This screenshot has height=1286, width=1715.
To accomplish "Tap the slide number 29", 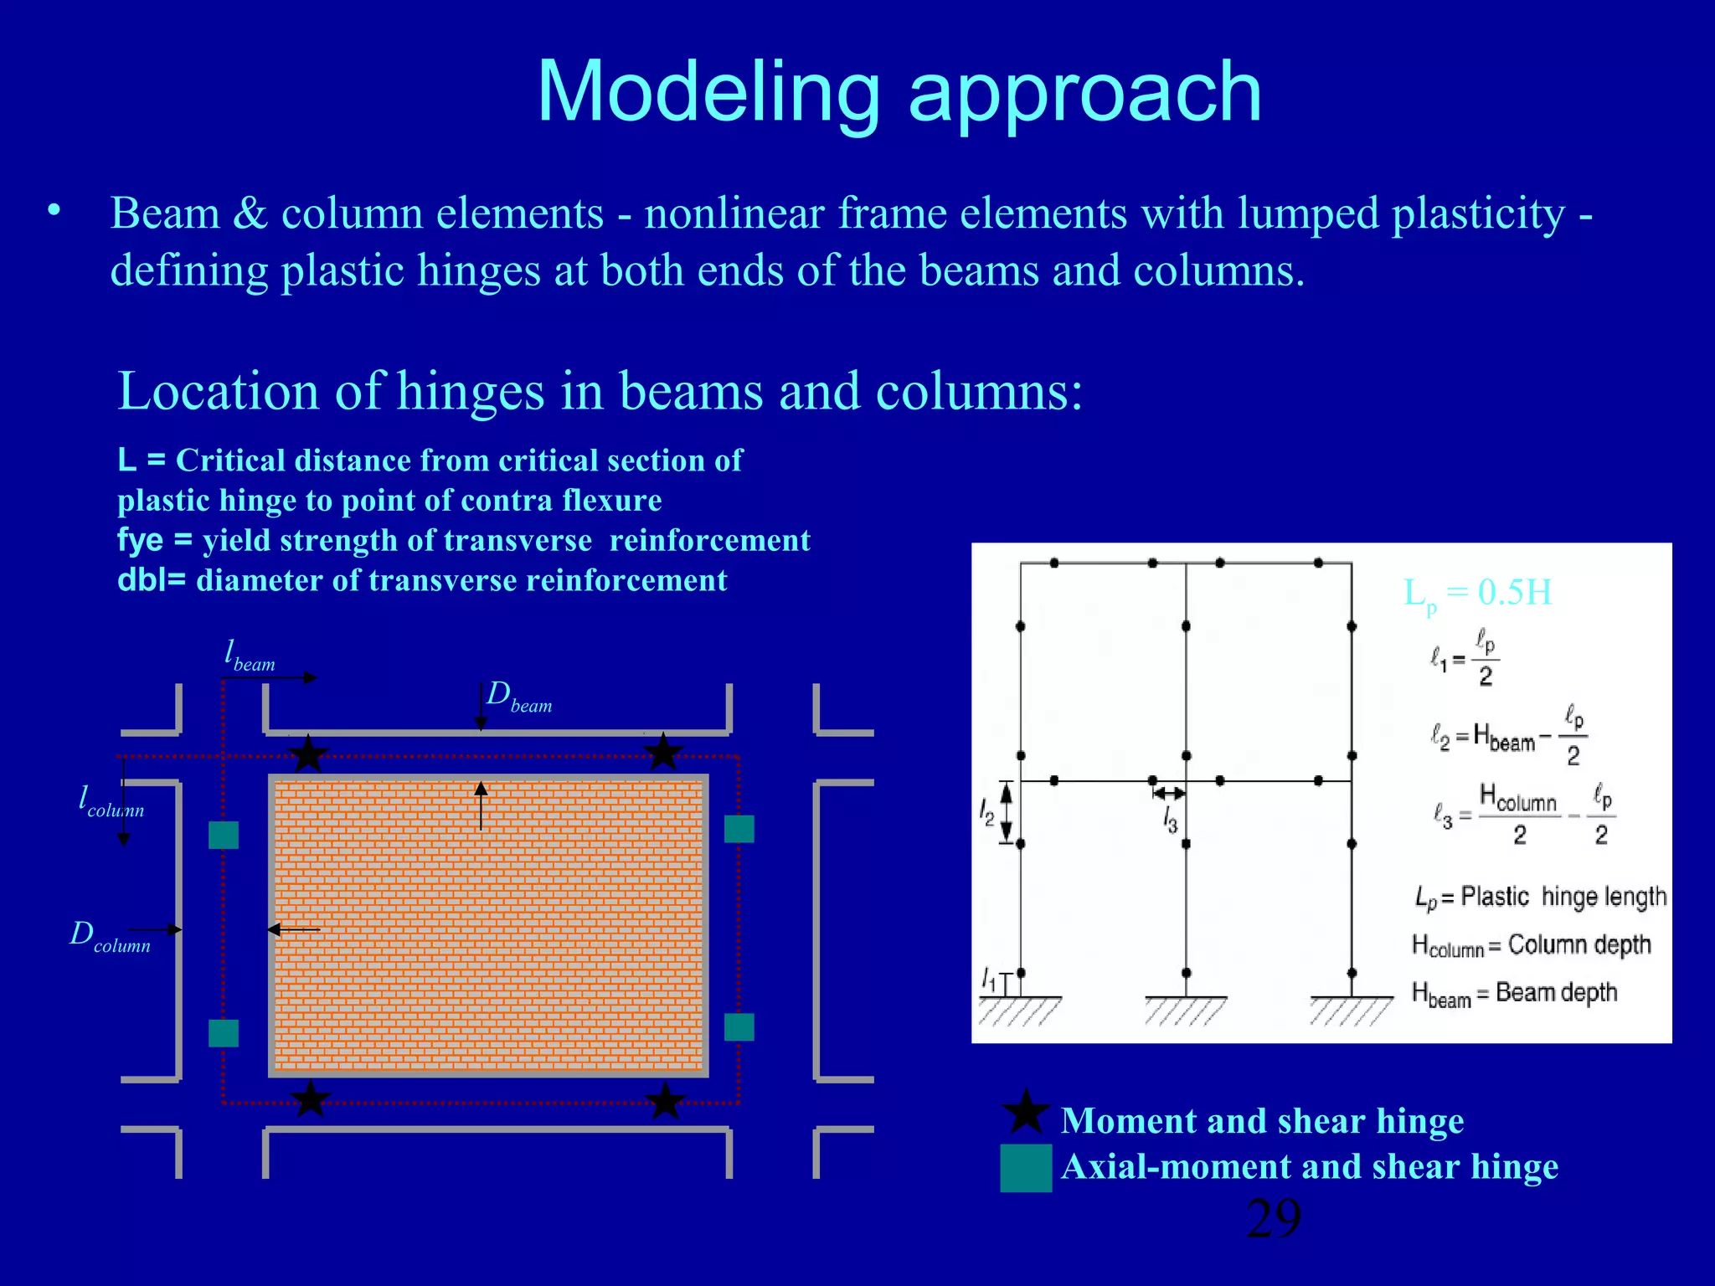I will (x=1273, y=1218).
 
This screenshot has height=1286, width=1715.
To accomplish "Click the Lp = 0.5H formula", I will (x=1477, y=594).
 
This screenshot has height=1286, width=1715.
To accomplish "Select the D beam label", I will (x=518, y=697).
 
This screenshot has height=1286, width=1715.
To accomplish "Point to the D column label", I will (x=110, y=936).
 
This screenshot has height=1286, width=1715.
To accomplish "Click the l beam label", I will (x=249, y=656).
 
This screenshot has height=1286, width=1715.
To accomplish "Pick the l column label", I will (x=111, y=801).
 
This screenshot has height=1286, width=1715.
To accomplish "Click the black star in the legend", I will (x=1026, y=1114).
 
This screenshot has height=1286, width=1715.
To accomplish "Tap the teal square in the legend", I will (x=1026, y=1167).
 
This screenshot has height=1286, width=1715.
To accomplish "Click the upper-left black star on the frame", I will (x=308, y=754).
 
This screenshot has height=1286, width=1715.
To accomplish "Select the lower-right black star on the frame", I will (x=666, y=1101).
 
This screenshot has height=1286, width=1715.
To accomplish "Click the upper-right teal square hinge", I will (x=739, y=829).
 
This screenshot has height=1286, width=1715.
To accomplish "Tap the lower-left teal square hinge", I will (x=224, y=1033).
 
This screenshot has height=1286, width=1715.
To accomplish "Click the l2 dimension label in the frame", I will (x=987, y=812).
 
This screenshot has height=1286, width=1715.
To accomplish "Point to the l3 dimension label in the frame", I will (x=1170, y=820).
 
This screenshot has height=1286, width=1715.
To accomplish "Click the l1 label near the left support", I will (x=989, y=979).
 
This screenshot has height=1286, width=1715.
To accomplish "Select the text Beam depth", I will (x=1556, y=993).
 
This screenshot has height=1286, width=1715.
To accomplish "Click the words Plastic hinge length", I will (x=1563, y=897).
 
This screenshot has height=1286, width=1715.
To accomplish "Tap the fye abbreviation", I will (x=140, y=541).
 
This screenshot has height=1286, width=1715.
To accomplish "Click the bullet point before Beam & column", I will (x=54, y=210).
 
